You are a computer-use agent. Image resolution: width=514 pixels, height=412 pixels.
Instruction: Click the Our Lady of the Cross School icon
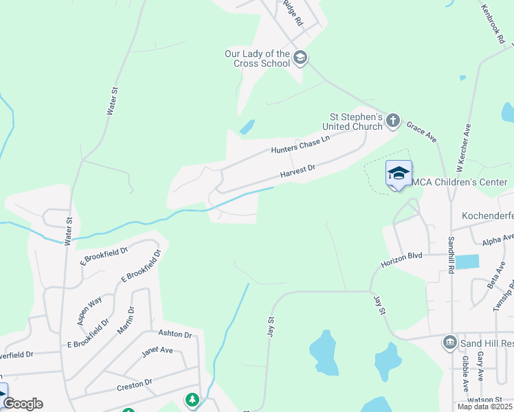coord(300,57)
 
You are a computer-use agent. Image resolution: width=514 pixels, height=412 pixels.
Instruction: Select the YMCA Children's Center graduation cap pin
coord(399,174)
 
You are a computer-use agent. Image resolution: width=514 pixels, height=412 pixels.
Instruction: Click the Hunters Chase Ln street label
coord(300,144)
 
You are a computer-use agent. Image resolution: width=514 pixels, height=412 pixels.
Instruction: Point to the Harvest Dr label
coord(297,172)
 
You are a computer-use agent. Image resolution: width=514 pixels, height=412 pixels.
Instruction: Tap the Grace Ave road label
coord(422,132)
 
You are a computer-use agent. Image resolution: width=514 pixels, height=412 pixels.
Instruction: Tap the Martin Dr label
coord(126,319)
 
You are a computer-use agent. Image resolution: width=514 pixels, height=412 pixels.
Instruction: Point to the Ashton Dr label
coord(175,334)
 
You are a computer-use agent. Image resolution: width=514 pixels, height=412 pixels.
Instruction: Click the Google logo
coord(23,404)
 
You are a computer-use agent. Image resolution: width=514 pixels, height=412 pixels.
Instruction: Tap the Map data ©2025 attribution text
coord(484,407)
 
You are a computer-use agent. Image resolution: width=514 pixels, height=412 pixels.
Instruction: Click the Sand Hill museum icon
coord(450,342)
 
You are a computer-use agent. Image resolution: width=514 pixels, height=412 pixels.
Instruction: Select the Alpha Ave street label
coord(498,240)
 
